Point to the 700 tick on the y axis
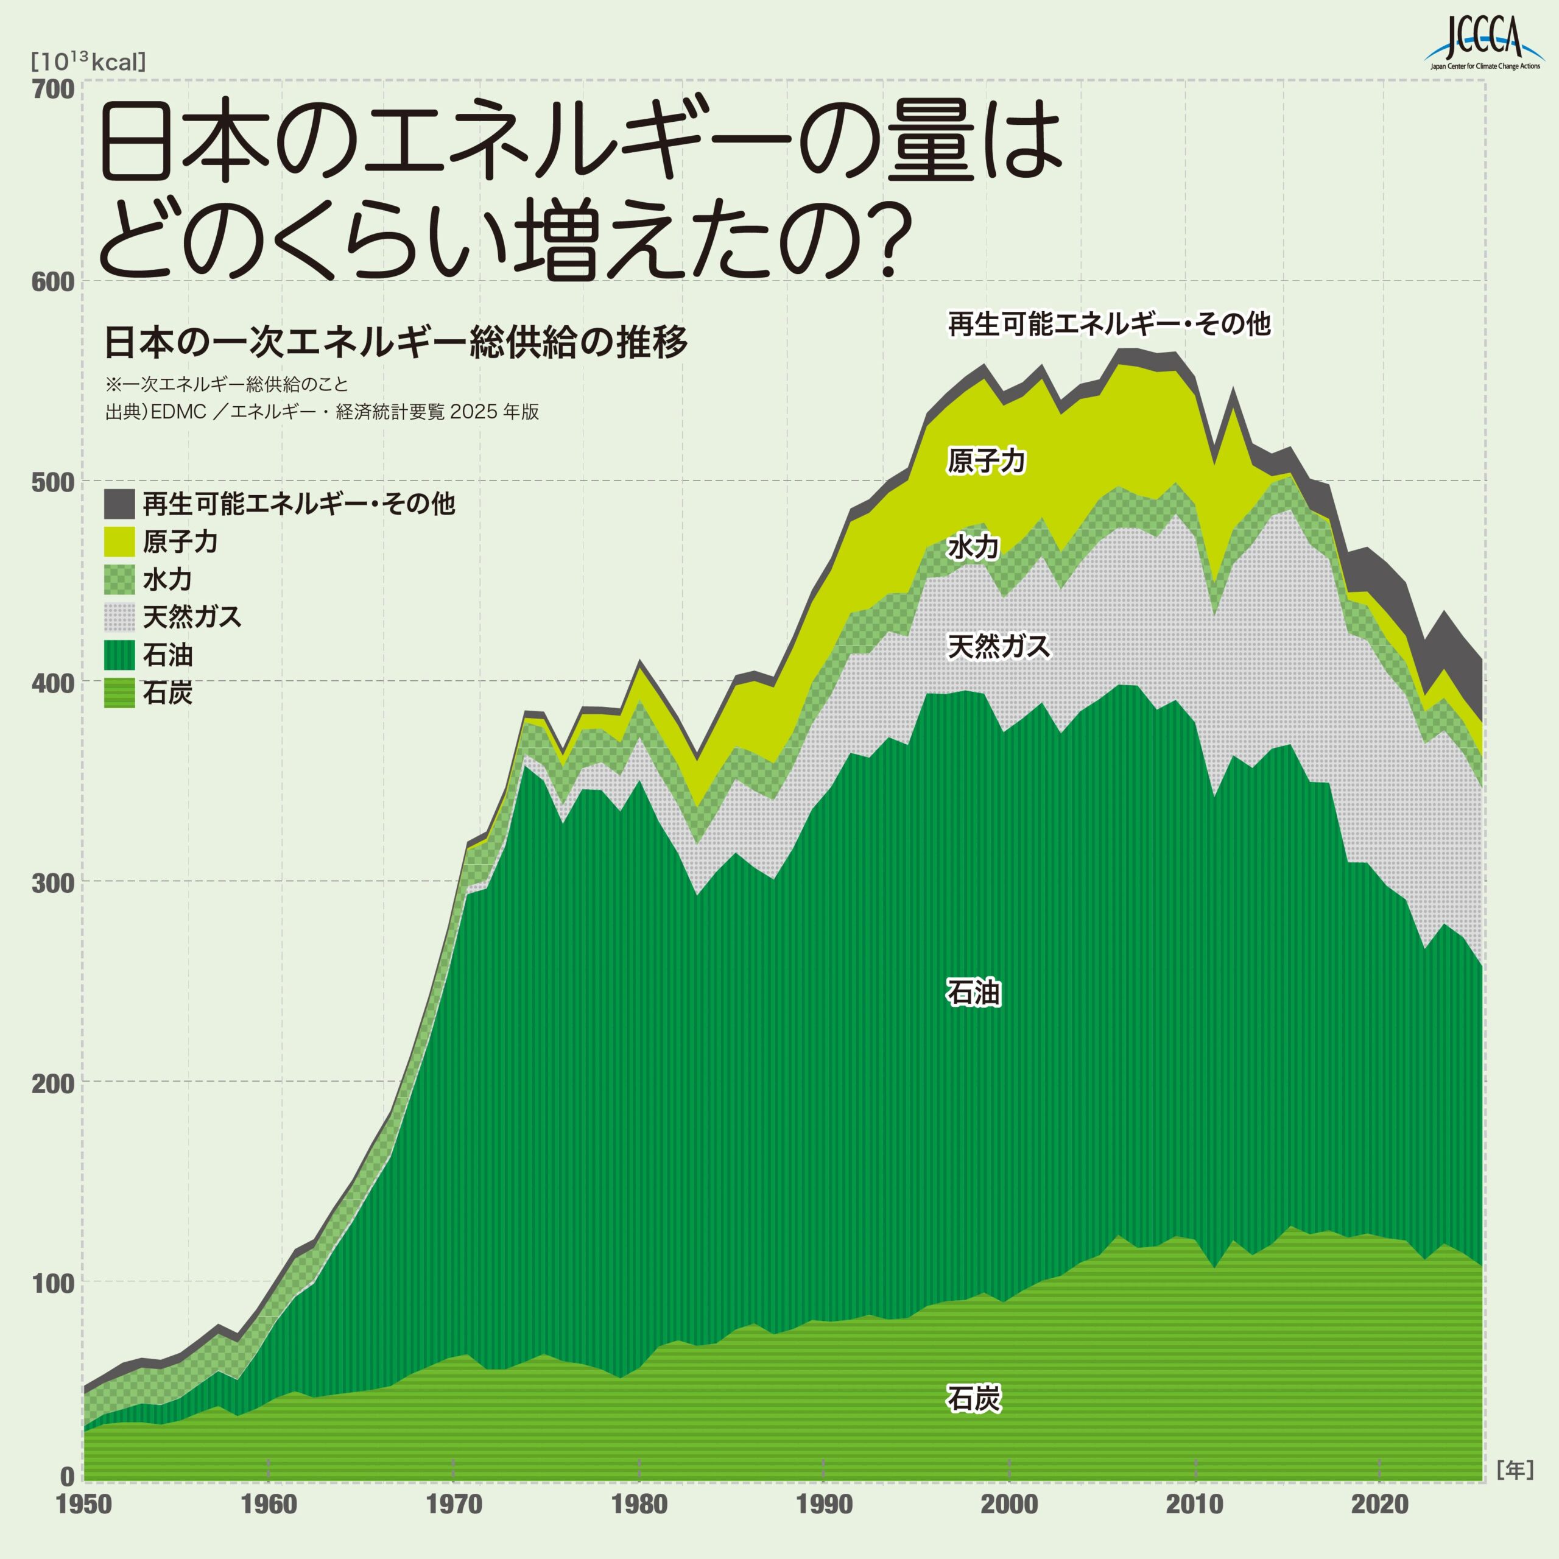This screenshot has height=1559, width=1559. pyautogui.click(x=52, y=90)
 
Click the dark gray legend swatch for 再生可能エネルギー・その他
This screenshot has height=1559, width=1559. pyautogui.click(x=119, y=504)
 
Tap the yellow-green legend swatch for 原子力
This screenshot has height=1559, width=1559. pyautogui.click(x=119, y=542)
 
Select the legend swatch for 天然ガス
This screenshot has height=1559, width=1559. pyautogui.click(x=119, y=618)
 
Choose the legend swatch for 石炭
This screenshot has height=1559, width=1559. pyautogui.click(x=119, y=693)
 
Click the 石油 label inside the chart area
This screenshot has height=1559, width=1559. pyautogui.click(x=973, y=993)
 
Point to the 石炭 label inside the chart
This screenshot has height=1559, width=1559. pyautogui.click(x=973, y=1398)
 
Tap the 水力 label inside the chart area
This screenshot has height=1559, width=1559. pyautogui.click(x=973, y=547)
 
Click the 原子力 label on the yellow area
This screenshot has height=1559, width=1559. pyautogui.click(x=986, y=461)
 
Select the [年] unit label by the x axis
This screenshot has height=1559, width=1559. pyautogui.click(x=1514, y=1470)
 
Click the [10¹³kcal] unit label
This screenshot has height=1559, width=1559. pyautogui.click(x=88, y=62)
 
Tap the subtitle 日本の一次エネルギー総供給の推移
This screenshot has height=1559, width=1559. pyautogui.click(x=395, y=342)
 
